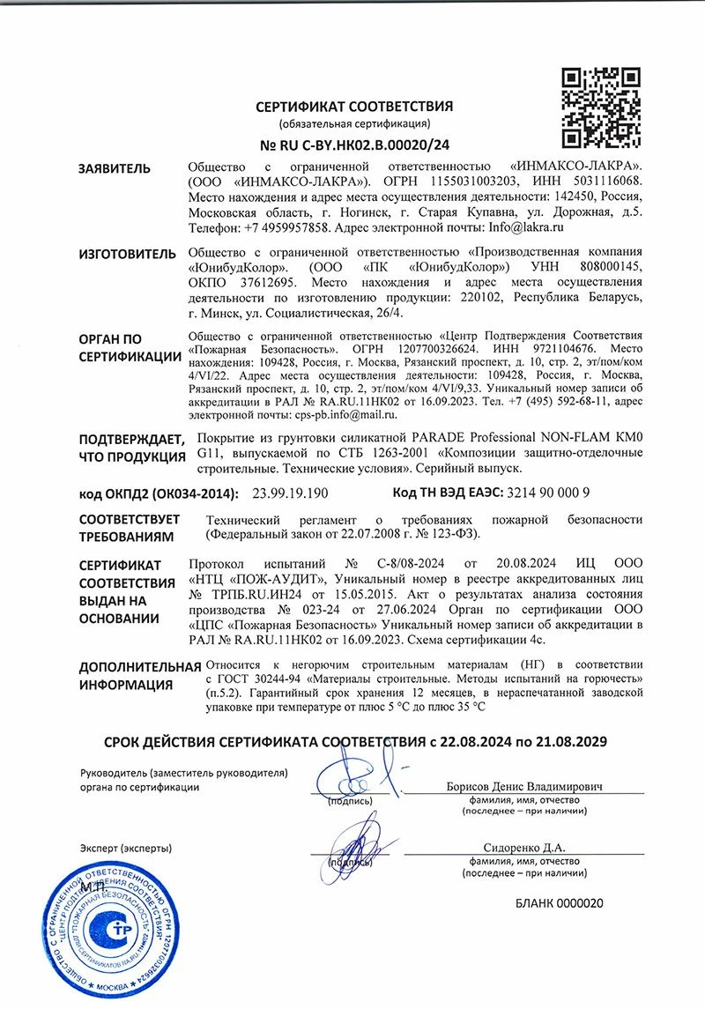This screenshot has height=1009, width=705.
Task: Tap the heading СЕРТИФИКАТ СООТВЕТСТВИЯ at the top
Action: (354, 107)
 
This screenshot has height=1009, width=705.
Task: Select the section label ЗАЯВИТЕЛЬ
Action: (115, 169)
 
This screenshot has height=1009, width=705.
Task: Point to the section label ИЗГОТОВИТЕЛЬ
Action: (122, 254)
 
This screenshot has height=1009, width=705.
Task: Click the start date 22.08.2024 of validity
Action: (475, 743)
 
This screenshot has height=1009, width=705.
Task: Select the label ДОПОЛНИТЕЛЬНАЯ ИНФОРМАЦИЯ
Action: (139, 676)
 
